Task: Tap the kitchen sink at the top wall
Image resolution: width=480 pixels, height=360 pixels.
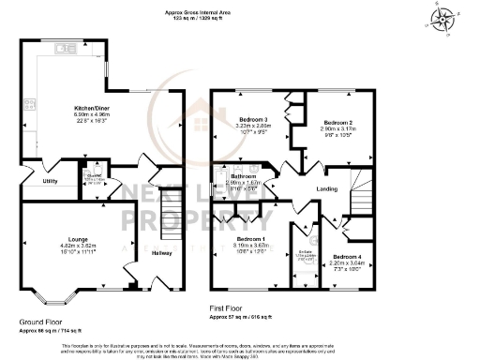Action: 62,49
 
